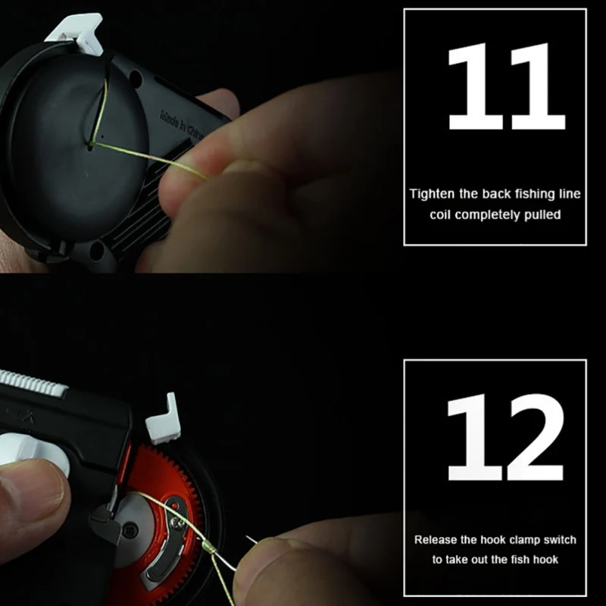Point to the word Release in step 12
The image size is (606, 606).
coord(436,540)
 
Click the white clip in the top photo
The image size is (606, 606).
coord(76,34)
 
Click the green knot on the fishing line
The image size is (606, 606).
coord(209,545)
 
